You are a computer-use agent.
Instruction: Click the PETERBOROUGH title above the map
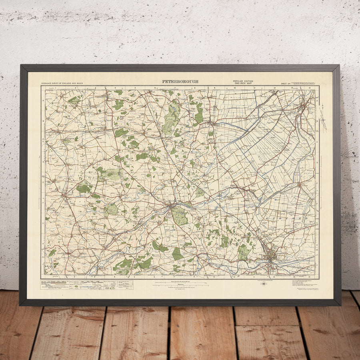click(180, 82)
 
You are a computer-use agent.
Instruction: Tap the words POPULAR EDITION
click(243, 81)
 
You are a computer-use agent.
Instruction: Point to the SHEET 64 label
click(287, 83)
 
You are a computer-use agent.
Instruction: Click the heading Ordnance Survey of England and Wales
click(61, 83)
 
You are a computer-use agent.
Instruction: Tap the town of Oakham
click(64, 196)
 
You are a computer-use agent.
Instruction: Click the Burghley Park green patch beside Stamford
click(180, 216)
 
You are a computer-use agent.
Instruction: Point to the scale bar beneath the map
click(180, 285)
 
